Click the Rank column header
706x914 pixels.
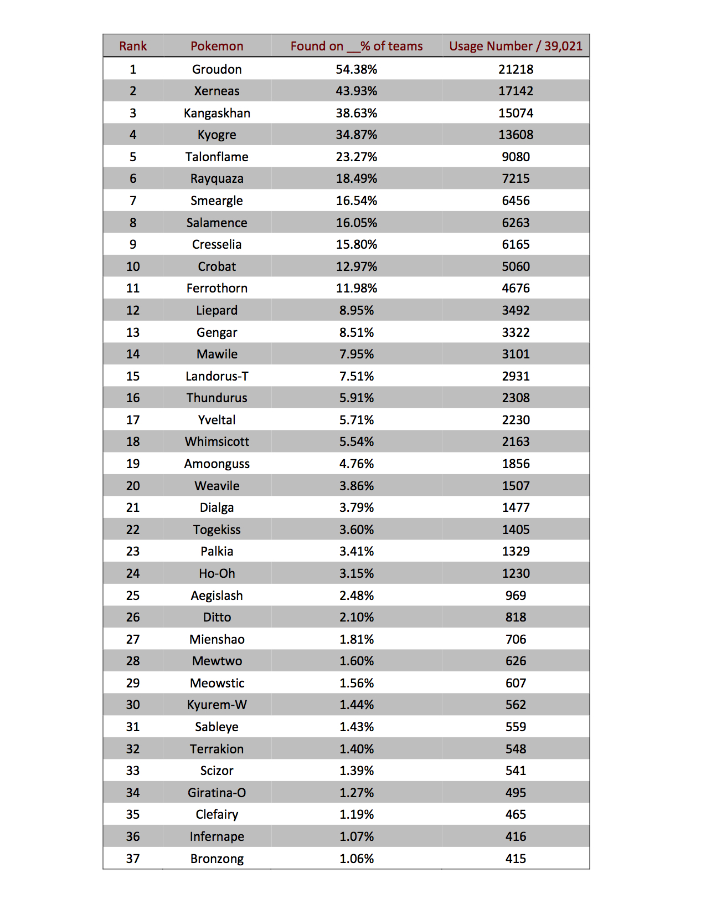pyautogui.click(x=133, y=46)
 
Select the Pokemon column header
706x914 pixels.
pyautogui.click(x=217, y=46)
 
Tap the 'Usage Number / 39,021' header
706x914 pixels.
pyautogui.click(x=516, y=46)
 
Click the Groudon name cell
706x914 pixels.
pyautogui.click(x=217, y=69)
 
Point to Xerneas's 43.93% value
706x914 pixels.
pyautogui.click(x=356, y=91)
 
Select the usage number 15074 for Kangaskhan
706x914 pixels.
pyautogui.click(x=516, y=113)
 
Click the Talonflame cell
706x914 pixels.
pyautogui.click(x=217, y=157)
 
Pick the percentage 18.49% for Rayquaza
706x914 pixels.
pyautogui.click(x=356, y=178)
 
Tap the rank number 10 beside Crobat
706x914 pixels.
pyautogui.click(x=133, y=266)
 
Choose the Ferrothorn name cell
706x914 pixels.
pyautogui.click(x=217, y=288)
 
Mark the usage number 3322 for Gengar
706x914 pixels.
pyautogui.click(x=516, y=332)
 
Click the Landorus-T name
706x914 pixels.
pyautogui.click(x=217, y=376)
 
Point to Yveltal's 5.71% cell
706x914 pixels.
pyautogui.click(x=356, y=420)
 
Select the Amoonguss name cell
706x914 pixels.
pyautogui.click(x=217, y=464)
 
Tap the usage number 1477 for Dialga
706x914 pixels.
pyautogui.click(x=516, y=507)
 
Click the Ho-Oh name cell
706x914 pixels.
pyautogui.click(x=217, y=573)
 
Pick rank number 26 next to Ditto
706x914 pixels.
pyautogui.click(x=133, y=617)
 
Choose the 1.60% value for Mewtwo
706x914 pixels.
pyautogui.click(x=356, y=661)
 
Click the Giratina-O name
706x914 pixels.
pyautogui.click(x=217, y=793)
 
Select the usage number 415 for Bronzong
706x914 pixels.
pyautogui.click(x=516, y=859)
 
